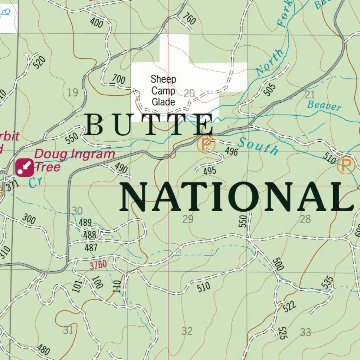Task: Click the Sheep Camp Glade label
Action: point(163,91)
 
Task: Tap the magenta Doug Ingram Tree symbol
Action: point(25,167)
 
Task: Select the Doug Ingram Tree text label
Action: point(75,160)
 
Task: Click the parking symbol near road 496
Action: point(206,144)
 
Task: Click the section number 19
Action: point(72,93)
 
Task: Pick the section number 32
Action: point(187,331)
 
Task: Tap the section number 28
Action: point(305,219)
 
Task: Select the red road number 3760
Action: point(98,265)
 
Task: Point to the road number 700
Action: point(118,79)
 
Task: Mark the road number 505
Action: point(269,89)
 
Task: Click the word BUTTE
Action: point(149,125)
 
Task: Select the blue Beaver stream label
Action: point(324,105)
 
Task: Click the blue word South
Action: point(258,146)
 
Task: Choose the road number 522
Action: point(289,306)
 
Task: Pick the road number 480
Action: point(43,350)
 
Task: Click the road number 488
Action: point(90,235)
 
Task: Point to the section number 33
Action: point(306,332)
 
